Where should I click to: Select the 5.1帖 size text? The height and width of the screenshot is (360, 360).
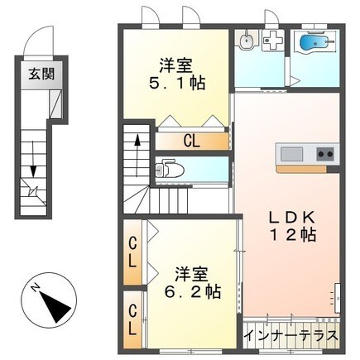tap(177, 84)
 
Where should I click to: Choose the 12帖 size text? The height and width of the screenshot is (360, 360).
tap(290, 236)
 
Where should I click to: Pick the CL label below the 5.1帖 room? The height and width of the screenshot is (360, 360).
tap(192, 141)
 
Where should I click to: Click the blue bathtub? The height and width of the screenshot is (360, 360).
tap(315, 43)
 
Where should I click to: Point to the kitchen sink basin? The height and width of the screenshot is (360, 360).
tap(291, 153)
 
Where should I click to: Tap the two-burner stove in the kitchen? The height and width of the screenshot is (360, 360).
tap(324, 153)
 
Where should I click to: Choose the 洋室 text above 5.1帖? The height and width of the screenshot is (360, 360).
tap(176, 64)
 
